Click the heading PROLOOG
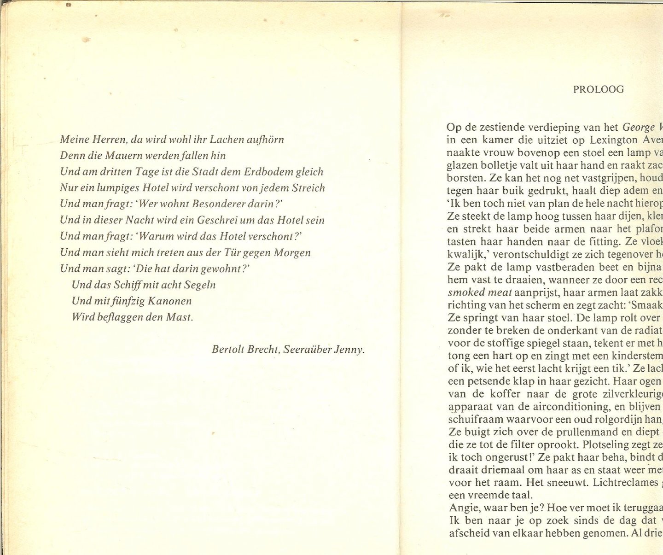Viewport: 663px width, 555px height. point(598,89)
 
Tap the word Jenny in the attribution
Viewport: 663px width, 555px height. point(349,350)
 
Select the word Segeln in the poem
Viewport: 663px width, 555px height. point(200,285)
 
